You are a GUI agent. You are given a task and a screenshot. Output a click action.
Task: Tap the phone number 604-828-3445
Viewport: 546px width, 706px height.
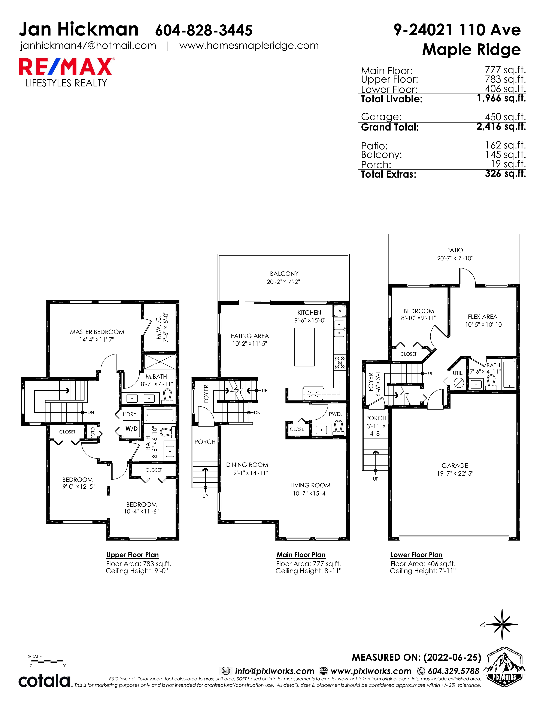[x=204, y=30]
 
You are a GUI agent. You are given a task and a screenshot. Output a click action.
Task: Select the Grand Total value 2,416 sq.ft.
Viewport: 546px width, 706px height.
[x=501, y=126]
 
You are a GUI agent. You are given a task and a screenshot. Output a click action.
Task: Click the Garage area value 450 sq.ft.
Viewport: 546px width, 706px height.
[x=505, y=117]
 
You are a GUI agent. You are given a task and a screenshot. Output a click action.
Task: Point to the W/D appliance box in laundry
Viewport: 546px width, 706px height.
[x=131, y=429]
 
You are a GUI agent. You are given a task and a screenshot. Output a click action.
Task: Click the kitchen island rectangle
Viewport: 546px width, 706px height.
[x=304, y=347]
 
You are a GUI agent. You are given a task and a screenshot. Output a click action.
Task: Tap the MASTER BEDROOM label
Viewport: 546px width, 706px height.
[x=97, y=332]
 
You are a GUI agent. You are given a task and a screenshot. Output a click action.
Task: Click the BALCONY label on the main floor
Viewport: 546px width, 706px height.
[x=284, y=273]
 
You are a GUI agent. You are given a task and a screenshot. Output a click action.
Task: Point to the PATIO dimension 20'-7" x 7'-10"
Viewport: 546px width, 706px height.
[x=455, y=258]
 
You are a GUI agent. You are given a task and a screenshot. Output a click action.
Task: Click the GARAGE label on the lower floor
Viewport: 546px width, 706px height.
[x=455, y=466]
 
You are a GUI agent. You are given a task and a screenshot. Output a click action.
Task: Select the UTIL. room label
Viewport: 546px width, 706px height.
[x=458, y=373]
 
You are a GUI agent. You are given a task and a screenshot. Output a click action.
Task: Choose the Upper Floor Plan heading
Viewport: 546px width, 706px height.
[x=133, y=555]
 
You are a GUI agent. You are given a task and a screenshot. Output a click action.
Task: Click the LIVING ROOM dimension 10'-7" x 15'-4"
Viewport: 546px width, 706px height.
[x=310, y=493]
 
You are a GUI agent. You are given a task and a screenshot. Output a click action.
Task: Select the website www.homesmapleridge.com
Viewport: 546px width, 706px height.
[x=249, y=46]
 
